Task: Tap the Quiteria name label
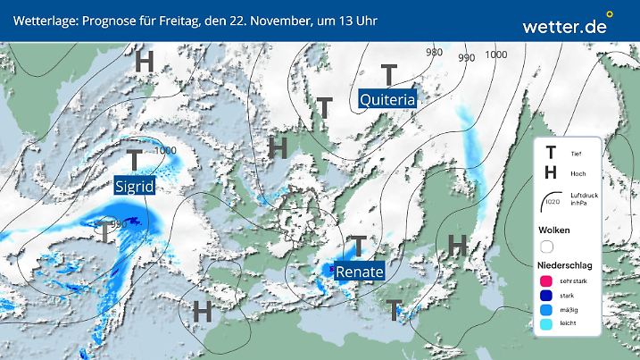coord(387,100)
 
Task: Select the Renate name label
coord(360,271)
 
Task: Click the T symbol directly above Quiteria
coord(389,74)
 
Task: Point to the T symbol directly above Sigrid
coord(134,161)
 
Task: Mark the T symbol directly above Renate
coord(358,245)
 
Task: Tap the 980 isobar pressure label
coord(435,52)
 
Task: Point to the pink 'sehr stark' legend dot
coord(546,281)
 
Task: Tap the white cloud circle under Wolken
coord(546,247)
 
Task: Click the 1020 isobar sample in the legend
coord(552,205)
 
